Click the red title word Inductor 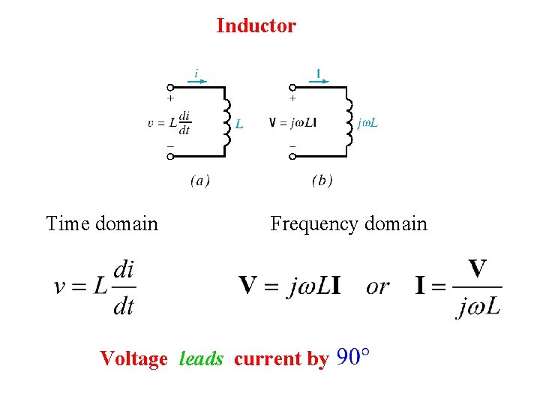coord(256,26)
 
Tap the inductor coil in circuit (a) coord(226,121)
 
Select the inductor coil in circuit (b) coord(348,121)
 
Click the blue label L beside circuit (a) coord(238,124)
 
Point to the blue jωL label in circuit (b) coord(367,123)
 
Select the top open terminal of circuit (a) coord(170,87)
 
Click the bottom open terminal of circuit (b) coord(292,156)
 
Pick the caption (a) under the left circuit coord(199,181)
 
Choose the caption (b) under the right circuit coord(322,181)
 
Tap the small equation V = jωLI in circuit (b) coord(292,122)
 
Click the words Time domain coord(102,223)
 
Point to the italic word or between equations coord(377,286)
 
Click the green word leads coord(201,359)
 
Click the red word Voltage coord(133,359)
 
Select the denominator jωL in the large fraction coord(478,306)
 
